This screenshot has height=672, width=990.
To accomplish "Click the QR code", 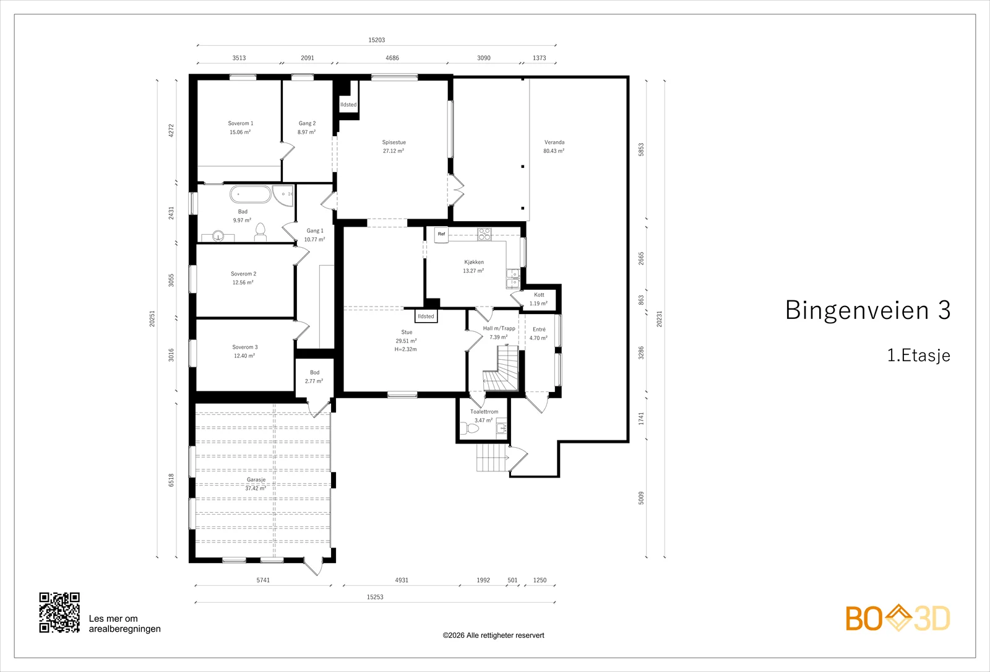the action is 59,613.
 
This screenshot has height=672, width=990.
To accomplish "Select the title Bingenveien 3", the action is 867,310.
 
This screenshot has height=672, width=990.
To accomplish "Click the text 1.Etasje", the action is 919,356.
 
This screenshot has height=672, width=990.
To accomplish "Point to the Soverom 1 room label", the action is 241,123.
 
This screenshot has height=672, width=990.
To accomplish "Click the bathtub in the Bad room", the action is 250,194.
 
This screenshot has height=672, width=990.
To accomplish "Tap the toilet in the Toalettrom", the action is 470,428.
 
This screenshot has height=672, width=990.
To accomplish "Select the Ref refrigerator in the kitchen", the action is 441,235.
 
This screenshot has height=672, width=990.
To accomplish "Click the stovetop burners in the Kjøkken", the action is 484,234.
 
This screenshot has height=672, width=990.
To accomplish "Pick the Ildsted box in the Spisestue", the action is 348,105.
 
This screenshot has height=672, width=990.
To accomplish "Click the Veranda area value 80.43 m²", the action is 554,151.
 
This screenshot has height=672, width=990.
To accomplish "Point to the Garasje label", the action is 256,479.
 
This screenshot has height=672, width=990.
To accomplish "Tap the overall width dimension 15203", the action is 377,40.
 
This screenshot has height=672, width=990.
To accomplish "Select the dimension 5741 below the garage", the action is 263,580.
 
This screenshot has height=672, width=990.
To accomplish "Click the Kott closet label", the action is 539,295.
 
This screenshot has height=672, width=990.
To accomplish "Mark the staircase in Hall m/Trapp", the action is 501,369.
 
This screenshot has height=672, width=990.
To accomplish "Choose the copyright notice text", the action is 493,635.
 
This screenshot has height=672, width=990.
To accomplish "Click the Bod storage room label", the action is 315,372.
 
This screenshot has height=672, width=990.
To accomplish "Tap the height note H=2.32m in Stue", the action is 406,349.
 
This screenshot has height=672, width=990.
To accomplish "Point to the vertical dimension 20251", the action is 152,318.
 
